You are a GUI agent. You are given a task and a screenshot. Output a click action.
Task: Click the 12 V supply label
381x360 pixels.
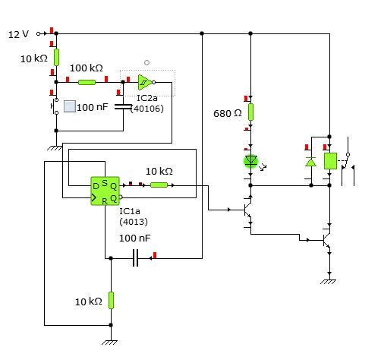point(18,34)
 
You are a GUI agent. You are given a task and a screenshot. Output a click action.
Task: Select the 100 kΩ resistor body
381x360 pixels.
point(87,82)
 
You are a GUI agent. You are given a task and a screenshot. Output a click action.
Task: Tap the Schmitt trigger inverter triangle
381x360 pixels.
point(145,82)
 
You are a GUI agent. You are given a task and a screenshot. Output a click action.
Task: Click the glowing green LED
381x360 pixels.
point(250,161)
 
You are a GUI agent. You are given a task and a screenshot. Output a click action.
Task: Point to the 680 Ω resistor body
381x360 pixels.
point(250,112)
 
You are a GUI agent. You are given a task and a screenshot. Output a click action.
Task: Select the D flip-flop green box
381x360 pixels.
point(105,191)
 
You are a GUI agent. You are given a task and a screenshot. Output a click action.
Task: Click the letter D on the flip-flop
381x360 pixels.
point(96,187)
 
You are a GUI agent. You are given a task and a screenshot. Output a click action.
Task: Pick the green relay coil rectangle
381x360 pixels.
point(330,161)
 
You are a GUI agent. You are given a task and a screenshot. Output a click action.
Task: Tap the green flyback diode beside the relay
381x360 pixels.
point(311,162)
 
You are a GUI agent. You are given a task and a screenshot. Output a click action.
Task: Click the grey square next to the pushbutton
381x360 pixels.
point(70,106)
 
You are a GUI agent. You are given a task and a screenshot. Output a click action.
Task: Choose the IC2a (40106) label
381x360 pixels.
point(147,103)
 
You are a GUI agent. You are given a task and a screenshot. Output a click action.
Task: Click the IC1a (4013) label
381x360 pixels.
point(134,216)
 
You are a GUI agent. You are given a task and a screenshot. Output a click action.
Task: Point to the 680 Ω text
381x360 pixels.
point(228,113)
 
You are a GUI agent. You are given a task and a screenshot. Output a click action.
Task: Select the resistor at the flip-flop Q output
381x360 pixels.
point(159,185)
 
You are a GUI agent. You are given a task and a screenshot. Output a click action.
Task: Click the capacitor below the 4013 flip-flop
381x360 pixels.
point(136,258)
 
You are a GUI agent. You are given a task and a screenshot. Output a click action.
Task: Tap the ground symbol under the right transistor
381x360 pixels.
point(328,282)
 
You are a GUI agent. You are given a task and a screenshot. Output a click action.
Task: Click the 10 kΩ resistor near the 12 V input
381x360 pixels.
point(56,58)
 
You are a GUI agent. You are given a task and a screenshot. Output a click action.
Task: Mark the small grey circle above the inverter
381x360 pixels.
point(146,62)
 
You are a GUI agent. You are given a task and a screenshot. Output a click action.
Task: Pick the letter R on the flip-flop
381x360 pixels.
point(105,201)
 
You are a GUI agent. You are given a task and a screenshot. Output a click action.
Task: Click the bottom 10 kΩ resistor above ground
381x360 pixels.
point(111,300)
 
